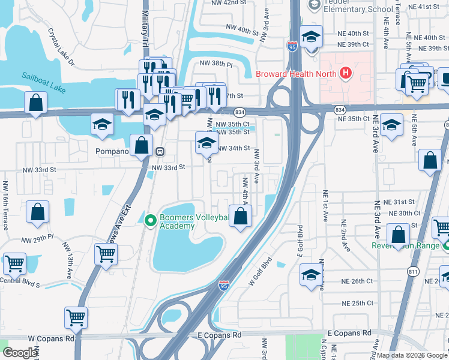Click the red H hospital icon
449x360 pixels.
tap(345, 74)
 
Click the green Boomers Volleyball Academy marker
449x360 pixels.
tap(149, 220)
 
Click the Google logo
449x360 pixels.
tap(20, 353)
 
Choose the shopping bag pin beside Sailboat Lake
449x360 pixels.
tap(36, 103)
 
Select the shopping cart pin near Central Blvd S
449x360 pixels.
tap(14, 263)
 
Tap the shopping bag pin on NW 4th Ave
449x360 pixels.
tap(240, 217)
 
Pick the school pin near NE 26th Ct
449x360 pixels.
tap(310, 274)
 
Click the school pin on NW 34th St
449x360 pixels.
tap(206, 143)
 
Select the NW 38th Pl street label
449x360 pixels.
tap(215, 62)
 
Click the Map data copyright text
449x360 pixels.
tap(412, 355)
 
